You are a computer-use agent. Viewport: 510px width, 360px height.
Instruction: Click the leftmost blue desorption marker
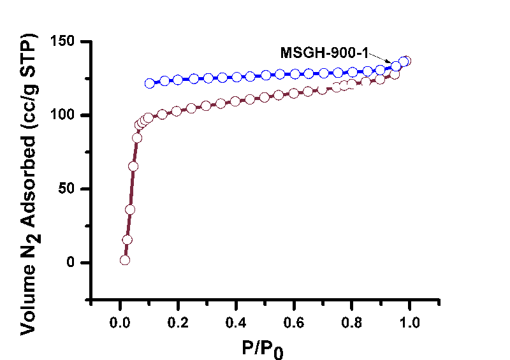150,83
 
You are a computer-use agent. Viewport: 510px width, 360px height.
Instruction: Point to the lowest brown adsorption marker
125,260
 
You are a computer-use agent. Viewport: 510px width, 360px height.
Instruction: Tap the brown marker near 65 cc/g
133,166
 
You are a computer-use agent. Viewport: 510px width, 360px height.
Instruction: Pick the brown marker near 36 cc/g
130,210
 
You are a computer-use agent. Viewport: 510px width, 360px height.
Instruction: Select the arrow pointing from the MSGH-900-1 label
382,58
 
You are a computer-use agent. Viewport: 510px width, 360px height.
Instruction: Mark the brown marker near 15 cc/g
127,240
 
